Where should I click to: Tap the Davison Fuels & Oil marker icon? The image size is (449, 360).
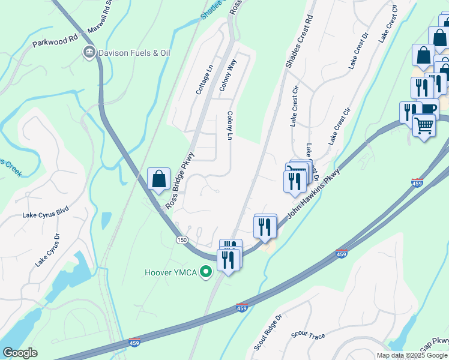click(x=89, y=53)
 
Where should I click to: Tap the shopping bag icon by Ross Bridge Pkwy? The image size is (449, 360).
click(x=158, y=179)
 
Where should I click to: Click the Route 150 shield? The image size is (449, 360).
click(x=181, y=240)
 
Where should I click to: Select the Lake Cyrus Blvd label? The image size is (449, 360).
click(x=46, y=213)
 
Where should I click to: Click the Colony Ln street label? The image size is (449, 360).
click(x=229, y=125)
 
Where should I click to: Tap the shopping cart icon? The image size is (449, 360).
click(x=424, y=126)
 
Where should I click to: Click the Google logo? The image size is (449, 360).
click(x=20, y=353)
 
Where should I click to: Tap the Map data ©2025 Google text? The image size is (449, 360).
click(x=412, y=355)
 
